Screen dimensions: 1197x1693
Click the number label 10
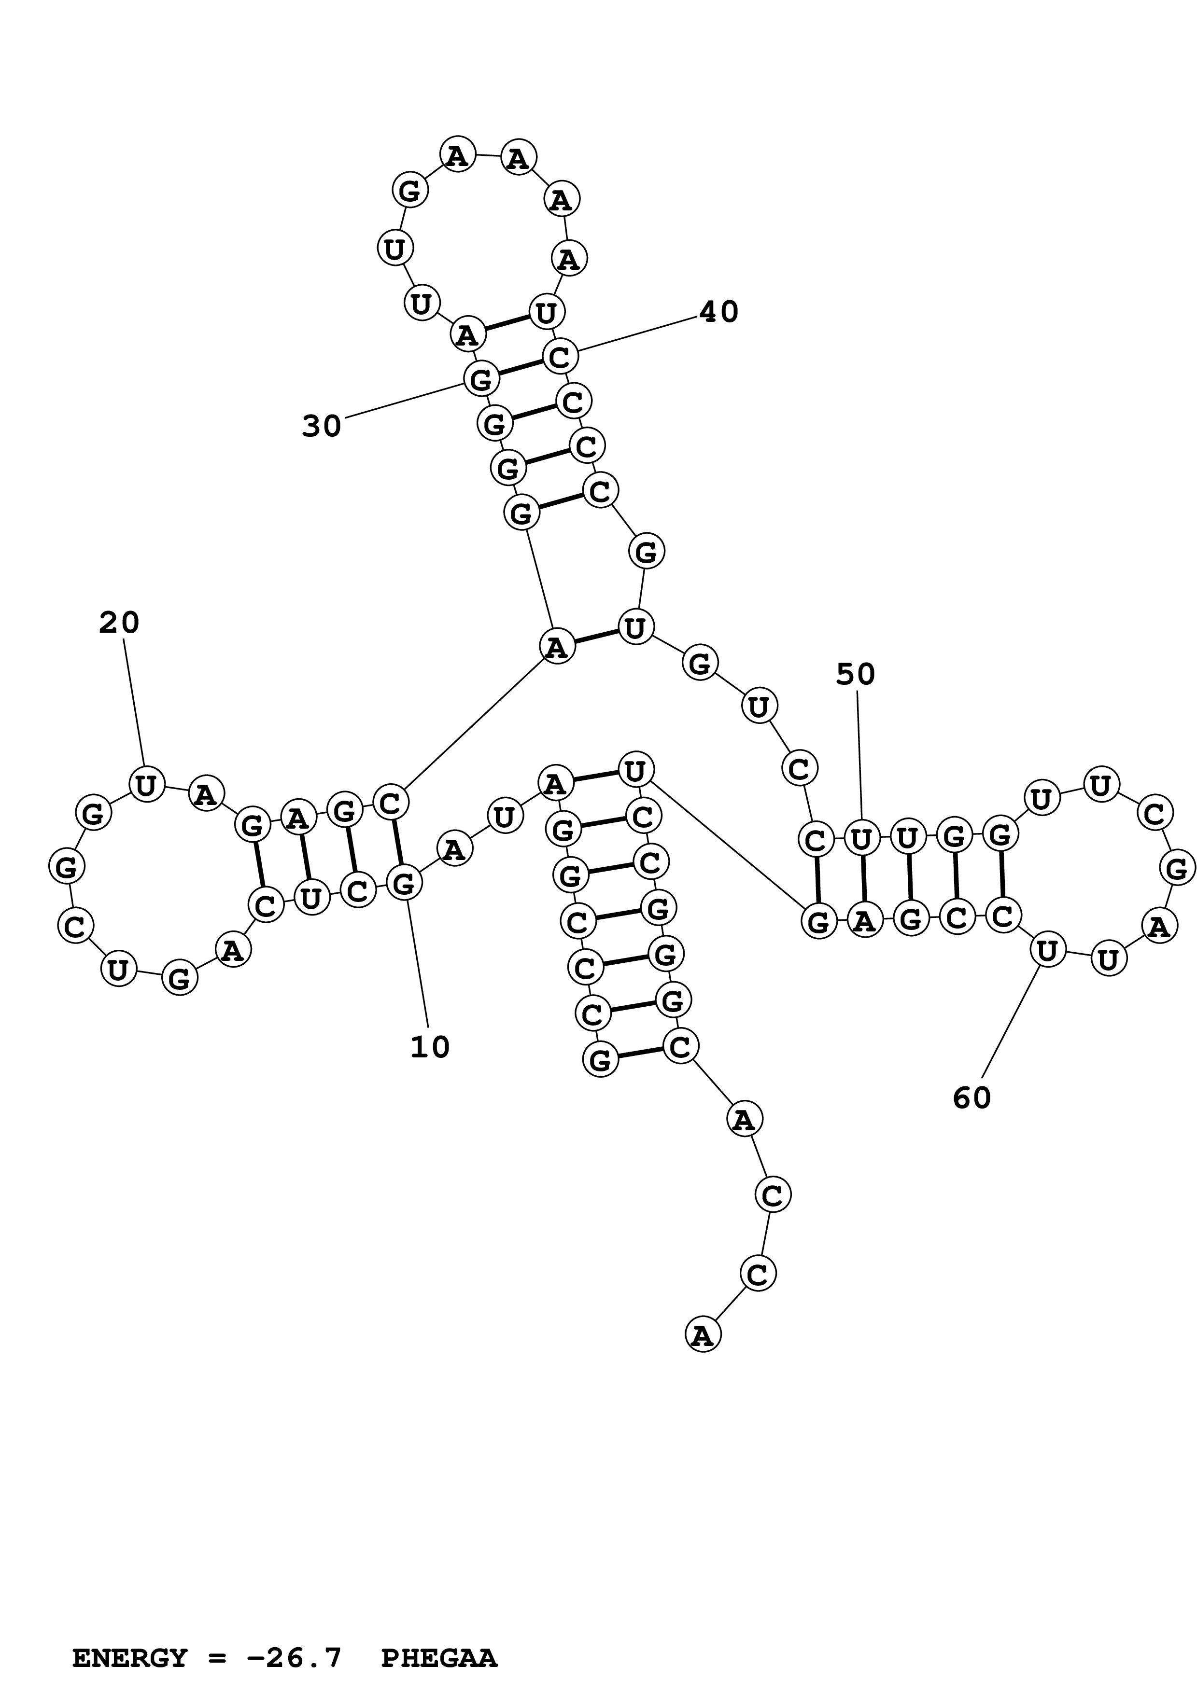[x=430, y=1047]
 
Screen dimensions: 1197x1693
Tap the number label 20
[x=119, y=623]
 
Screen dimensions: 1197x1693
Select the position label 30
[x=322, y=426]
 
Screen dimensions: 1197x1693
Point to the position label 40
[x=718, y=312]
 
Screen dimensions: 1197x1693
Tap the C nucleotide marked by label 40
[x=560, y=357]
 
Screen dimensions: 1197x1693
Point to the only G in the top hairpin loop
[x=409, y=190]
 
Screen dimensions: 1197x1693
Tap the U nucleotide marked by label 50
[x=860, y=839]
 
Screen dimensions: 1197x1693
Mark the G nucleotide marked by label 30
[x=481, y=380]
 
